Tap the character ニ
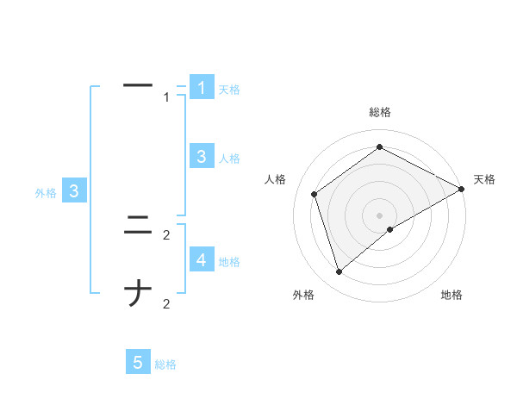coord(138,227)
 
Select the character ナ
coord(138,295)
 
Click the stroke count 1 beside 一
coord(166,97)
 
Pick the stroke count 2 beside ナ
coord(166,303)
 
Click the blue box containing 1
coord(202,87)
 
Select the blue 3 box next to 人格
coord(202,156)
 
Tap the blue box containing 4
coord(202,259)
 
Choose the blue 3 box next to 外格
coord(75,191)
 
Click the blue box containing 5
coord(138,363)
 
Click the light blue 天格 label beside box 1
coord(229,89)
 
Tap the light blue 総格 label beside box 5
coord(165,364)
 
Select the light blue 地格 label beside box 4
coord(229,261)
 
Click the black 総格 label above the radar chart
coord(380,112)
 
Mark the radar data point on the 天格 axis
coord(462,190)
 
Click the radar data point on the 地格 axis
coord(390,229)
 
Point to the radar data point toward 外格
coord(339,272)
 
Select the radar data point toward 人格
coord(315,194)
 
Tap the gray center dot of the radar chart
coord(380,215)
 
